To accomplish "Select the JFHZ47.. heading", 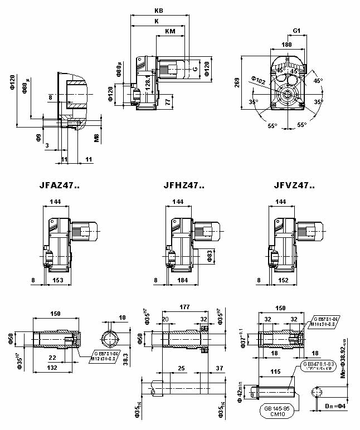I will tap(184, 185).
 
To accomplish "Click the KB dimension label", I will tap(158, 11).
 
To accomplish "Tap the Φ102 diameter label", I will tap(259, 81).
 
